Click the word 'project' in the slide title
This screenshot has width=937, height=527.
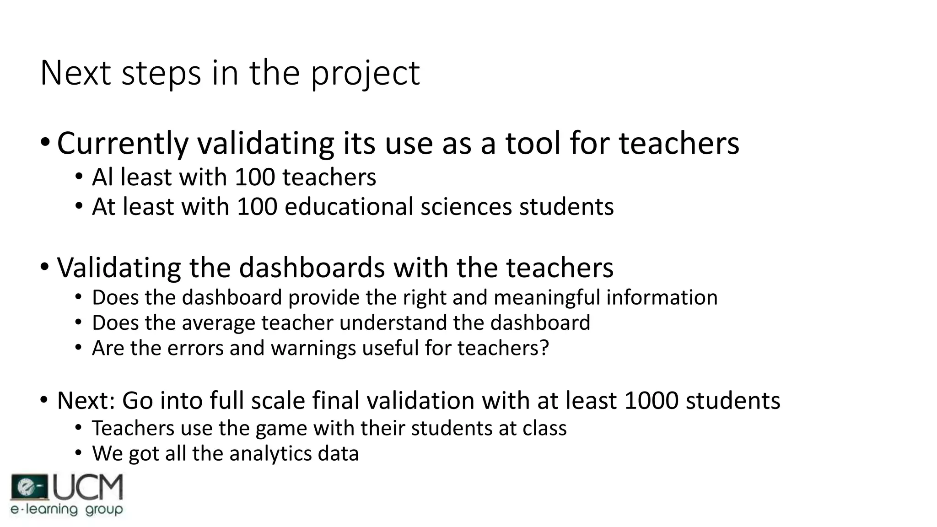point(365,73)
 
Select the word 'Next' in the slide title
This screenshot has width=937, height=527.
point(75,73)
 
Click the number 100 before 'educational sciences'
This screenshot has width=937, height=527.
point(257,207)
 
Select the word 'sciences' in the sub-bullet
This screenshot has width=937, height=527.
point(466,207)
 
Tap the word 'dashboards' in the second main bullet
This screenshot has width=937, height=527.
point(312,268)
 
